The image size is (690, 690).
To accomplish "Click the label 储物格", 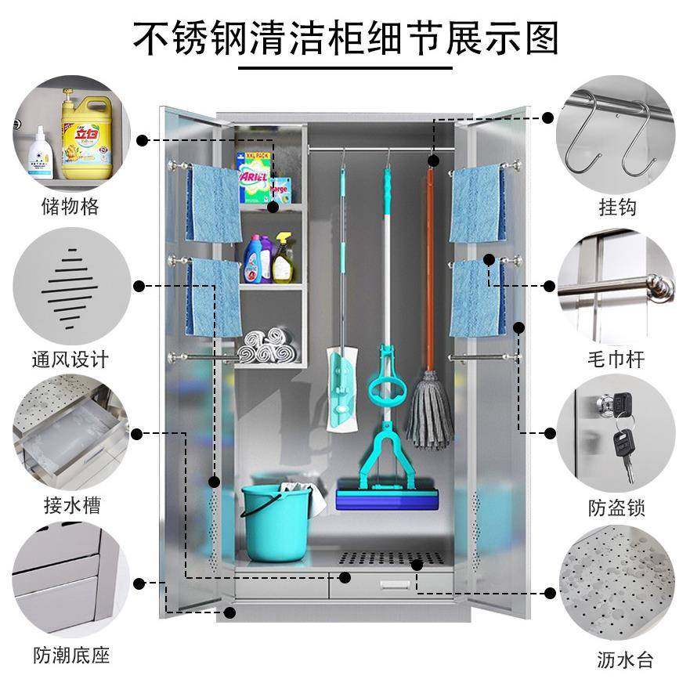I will [x=70, y=207].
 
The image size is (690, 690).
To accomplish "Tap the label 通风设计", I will [x=70, y=359].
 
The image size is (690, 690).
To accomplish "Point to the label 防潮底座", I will [x=70, y=655].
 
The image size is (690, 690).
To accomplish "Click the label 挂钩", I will [x=617, y=207].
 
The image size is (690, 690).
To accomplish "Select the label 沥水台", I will [x=624, y=658].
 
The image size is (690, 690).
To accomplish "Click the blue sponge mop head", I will [x=387, y=498].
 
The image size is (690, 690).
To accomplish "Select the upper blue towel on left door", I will [x=213, y=204].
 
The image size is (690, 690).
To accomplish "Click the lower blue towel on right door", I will [x=477, y=298].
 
